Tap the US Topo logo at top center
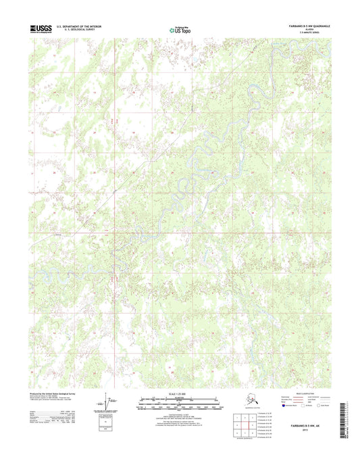[179, 29]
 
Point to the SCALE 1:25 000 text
[179, 393]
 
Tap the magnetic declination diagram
[110, 401]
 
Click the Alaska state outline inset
[251, 400]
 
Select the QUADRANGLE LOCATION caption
[251, 408]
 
